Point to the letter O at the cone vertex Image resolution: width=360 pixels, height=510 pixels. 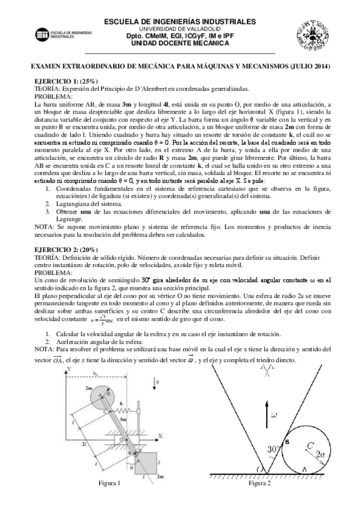(261, 467)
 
